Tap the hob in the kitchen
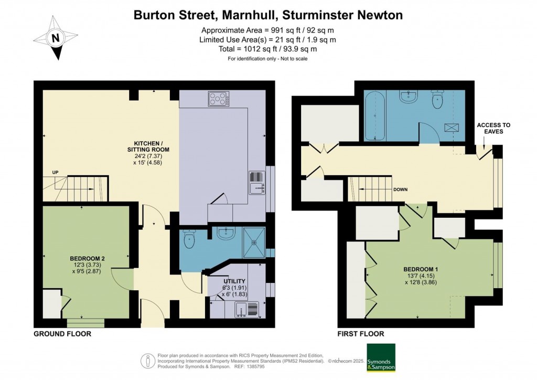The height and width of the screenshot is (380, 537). [219, 98]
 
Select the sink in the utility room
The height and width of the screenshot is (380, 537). [245, 311]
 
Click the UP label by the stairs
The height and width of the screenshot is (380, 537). [55, 172]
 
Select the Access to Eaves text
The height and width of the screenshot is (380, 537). [493, 128]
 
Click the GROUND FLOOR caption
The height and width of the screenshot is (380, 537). [62, 334]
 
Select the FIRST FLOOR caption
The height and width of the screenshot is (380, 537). [361, 334]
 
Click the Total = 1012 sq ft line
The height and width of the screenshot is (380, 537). [268, 49]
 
